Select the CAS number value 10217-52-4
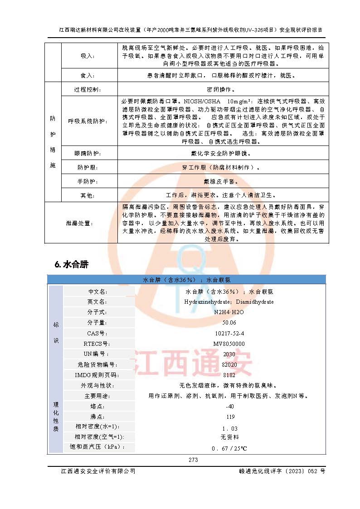[229, 334]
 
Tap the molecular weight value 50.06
[229, 323]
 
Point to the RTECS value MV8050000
[229, 344]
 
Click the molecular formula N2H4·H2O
[229, 312]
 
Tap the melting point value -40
[229, 407]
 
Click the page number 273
[193, 460]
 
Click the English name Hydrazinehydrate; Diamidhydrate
[229, 302]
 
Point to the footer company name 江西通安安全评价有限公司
[98, 471]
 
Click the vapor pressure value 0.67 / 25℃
[229, 449]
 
